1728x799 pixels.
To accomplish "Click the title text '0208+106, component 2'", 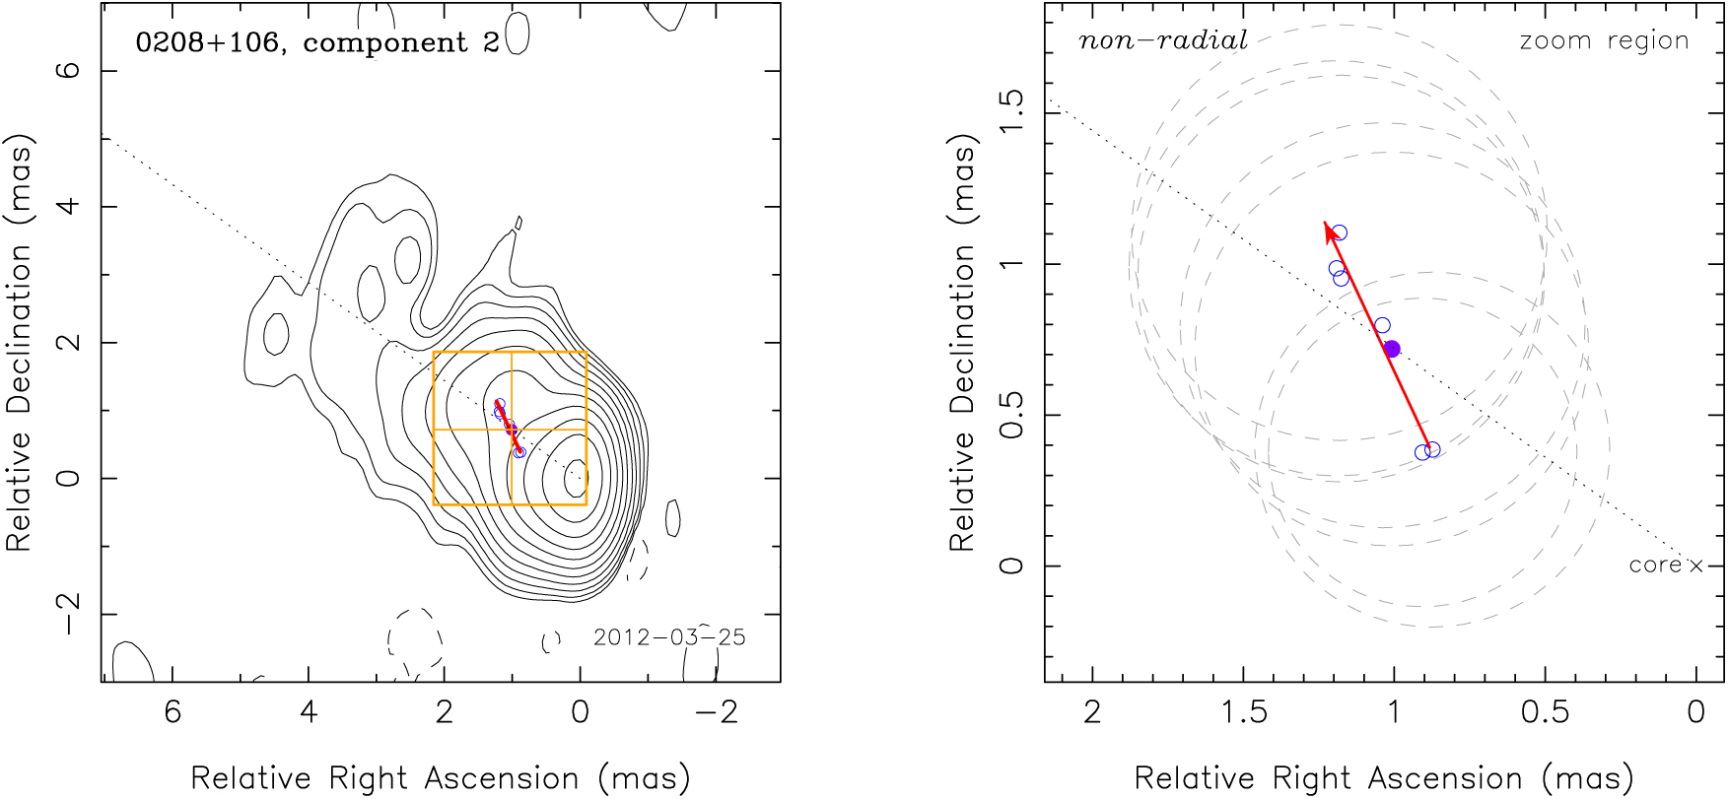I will pos(317,42).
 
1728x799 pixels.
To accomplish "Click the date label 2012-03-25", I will pos(669,636).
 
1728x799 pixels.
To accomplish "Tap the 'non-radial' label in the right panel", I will pos(1163,40).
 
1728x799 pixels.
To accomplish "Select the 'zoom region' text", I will pos(1604,40).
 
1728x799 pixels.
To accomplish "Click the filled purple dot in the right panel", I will pos(1392,349).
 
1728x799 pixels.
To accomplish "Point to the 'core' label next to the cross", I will pos(1655,566).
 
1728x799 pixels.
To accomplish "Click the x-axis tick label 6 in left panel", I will pos(173,711).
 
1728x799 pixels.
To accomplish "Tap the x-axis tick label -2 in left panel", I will pos(717,711).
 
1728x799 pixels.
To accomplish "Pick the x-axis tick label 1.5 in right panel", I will pos(1243,711).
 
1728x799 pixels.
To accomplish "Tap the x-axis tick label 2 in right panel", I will pos(1092,711).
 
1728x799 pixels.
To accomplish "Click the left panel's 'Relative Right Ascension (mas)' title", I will pos(440,778).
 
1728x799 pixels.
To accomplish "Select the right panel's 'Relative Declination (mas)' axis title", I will pos(962,345).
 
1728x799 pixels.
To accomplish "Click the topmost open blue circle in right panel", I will pos(1339,233).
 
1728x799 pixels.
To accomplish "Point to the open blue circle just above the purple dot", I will pos(1382,325).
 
